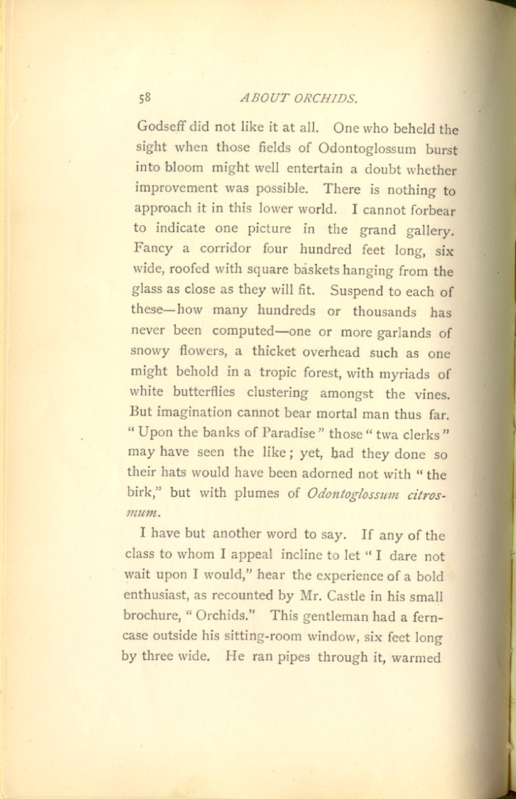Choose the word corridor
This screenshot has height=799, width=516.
(x=217, y=249)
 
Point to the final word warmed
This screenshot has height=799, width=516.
(x=416, y=657)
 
